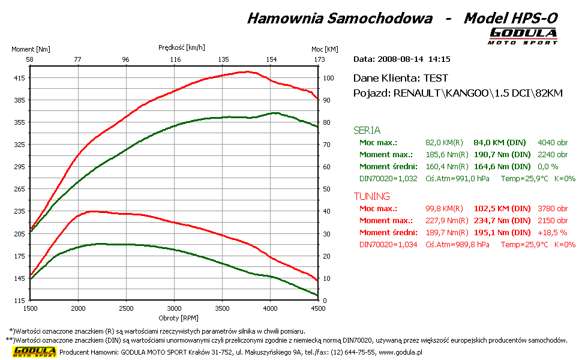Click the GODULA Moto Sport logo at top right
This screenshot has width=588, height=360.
click(523, 35)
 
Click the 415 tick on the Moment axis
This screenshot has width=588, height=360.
click(20, 78)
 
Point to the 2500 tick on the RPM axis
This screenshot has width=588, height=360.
click(126, 308)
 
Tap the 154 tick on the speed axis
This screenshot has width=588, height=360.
click(272, 59)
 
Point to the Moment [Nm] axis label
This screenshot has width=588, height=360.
click(31, 49)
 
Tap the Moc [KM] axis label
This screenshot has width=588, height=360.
click(325, 49)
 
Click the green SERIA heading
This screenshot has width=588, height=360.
click(367, 130)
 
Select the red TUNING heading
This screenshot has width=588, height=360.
click(371, 196)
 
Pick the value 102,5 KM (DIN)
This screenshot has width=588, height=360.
click(502, 209)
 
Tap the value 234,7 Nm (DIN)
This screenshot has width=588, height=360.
click(502, 221)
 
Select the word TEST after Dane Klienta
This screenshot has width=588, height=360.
click(436, 78)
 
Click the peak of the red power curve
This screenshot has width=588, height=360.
click(247, 71)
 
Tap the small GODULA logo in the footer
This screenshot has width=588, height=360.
click(35, 352)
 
